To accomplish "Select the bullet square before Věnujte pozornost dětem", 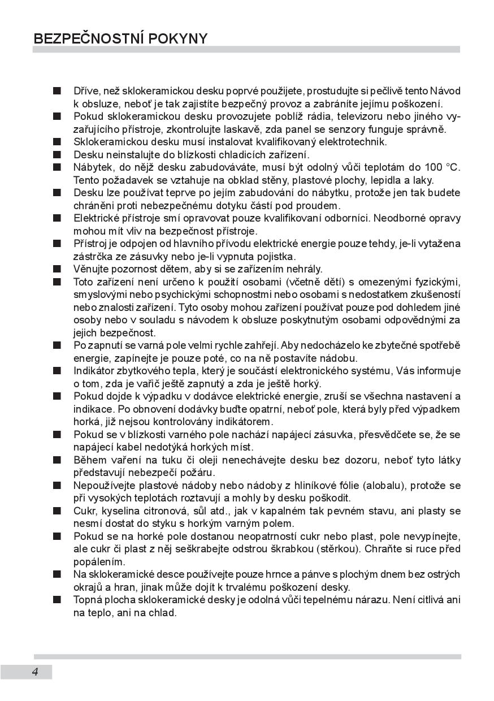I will [57, 269].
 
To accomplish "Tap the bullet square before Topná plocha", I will [57, 600].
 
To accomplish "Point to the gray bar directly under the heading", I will [246, 50].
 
